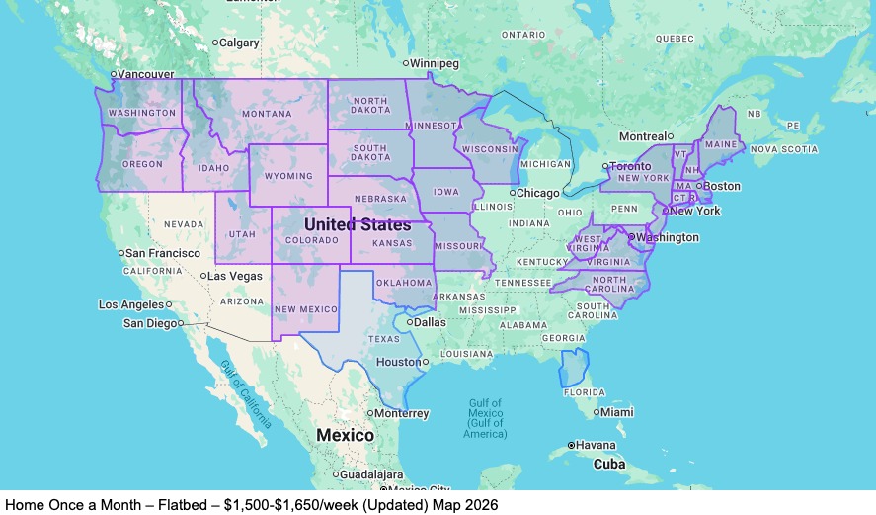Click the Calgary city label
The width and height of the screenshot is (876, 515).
[240, 43]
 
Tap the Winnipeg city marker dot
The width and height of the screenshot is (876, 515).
[405, 63]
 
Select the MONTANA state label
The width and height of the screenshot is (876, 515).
[267, 114]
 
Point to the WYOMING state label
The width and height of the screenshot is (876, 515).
[288, 176]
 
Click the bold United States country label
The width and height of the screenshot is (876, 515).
[358, 225]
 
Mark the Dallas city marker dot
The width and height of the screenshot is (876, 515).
[410, 321]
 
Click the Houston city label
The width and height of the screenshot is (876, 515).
[398, 362]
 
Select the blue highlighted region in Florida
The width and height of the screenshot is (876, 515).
[572, 368]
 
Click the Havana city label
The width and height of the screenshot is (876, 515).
[597, 445]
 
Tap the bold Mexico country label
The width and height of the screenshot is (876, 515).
[345, 435]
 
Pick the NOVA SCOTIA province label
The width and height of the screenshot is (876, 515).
[784, 149]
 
